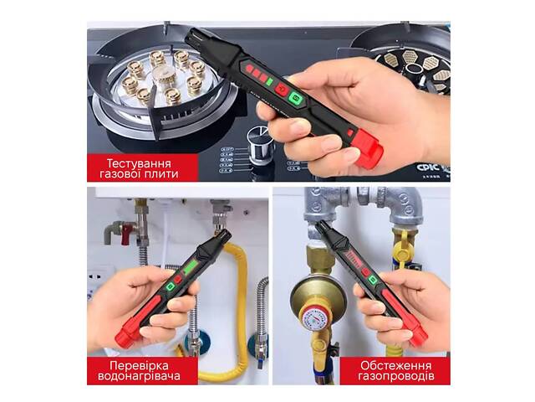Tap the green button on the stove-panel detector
(x=294, y=98)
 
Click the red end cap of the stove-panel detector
(x=369, y=152)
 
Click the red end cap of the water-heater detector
(x=125, y=337)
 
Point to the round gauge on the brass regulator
(x=313, y=319)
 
